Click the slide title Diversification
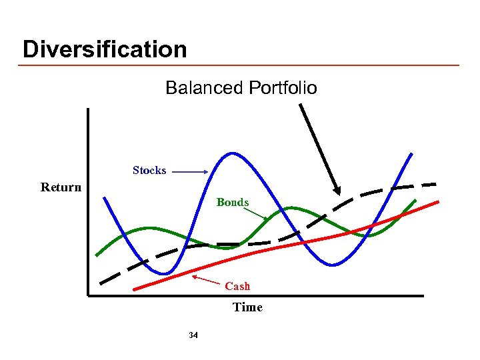(105, 49)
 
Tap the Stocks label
(149, 171)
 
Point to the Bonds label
(233, 202)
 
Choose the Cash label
(237, 286)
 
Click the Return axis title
(61, 187)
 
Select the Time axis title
(247, 307)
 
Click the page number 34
(193, 335)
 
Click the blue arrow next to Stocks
(190, 172)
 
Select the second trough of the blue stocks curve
(333, 265)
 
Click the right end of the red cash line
(437, 201)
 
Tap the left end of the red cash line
(135, 289)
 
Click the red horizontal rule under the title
(240, 65)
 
